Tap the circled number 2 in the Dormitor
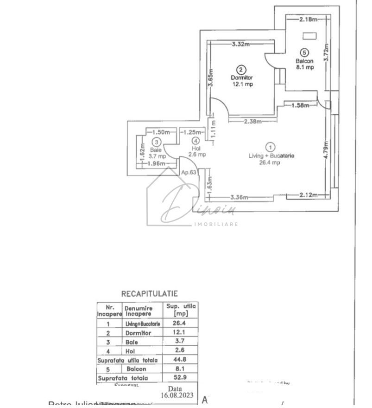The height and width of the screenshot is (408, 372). (240, 67)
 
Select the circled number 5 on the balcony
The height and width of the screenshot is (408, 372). (303, 52)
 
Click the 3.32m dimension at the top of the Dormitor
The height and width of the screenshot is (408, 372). (240, 44)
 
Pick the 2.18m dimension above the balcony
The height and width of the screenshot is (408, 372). (308, 19)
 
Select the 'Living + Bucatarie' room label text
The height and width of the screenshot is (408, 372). (271, 156)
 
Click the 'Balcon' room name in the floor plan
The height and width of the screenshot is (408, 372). (304, 61)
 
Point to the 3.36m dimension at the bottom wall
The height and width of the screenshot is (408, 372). (240, 197)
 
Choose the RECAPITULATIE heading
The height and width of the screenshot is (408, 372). (149, 294)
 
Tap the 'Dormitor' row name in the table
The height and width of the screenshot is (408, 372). (138, 333)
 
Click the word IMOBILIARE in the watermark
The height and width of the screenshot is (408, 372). (215, 224)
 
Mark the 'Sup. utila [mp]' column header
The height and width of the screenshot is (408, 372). (180, 309)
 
